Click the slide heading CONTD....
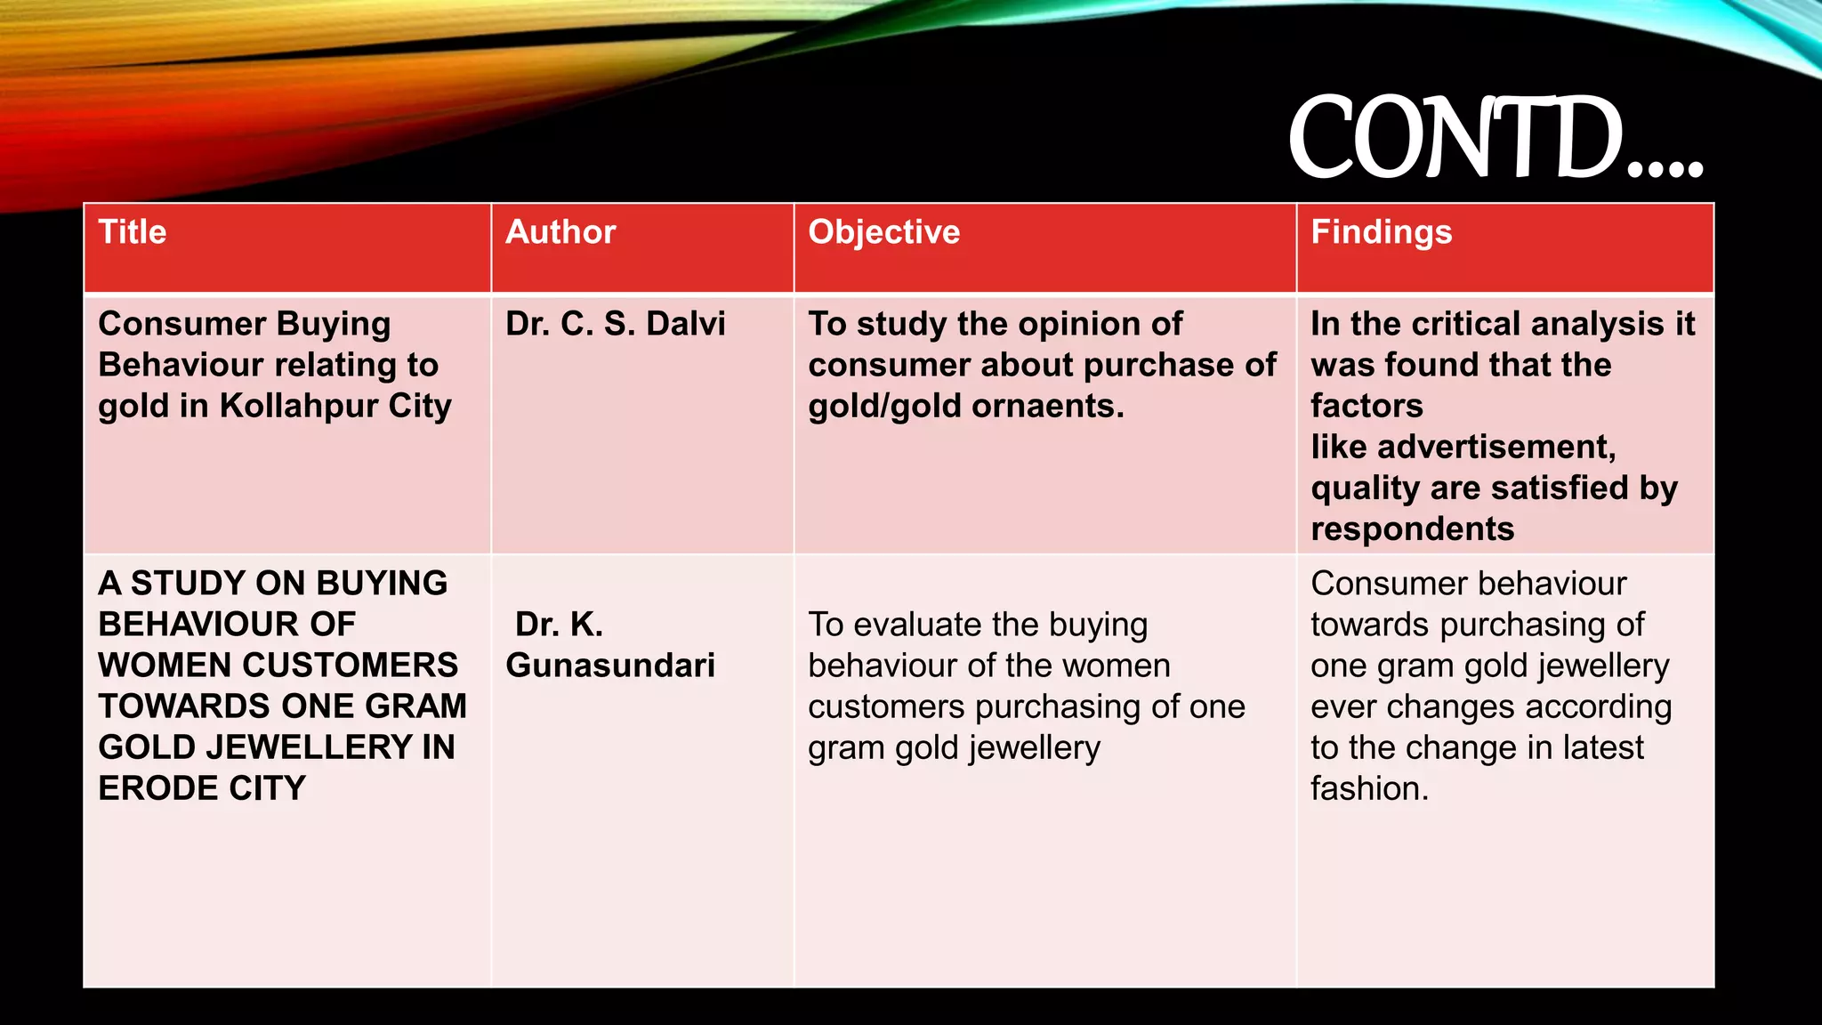pyautogui.click(x=1495, y=139)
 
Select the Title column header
pyautogui.click(x=133, y=232)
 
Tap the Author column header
pyautogui.click(x=560, y=232)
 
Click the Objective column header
pyautogui.click(x=883, y=232)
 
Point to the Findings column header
pyautogui.click(x=1381, y=232)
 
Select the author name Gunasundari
pyautogui.click(x=610, y=666)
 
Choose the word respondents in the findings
pyautogui.click(x=1412, y=529)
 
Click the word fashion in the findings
pyautogui.click(x=1368, y=788)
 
